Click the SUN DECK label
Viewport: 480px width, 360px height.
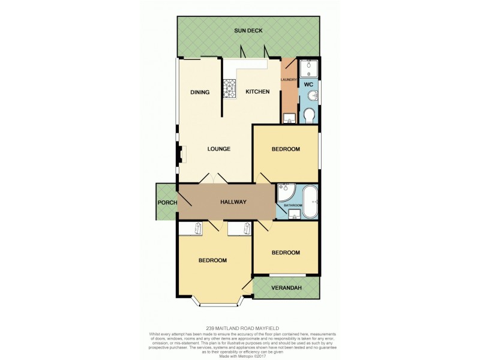(x=249, y=31)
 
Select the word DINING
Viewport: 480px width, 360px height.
(x=200, y=92)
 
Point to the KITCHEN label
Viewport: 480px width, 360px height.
(x=257, y=92)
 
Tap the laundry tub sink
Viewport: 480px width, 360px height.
(x=289, y=118)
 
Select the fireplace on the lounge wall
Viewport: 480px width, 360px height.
(x=181, y=155)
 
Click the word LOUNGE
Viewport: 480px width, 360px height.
(x=219, y=149)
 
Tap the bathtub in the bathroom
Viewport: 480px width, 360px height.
(x=311, y=202)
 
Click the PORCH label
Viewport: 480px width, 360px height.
(x=167, y=203)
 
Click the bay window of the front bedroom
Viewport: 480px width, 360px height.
(x=217, y=303)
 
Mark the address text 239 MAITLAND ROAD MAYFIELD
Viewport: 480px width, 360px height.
(x=239, y=328)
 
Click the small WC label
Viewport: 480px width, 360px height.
(x=309, y=85)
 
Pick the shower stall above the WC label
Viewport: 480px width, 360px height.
(x=308, y=68)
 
